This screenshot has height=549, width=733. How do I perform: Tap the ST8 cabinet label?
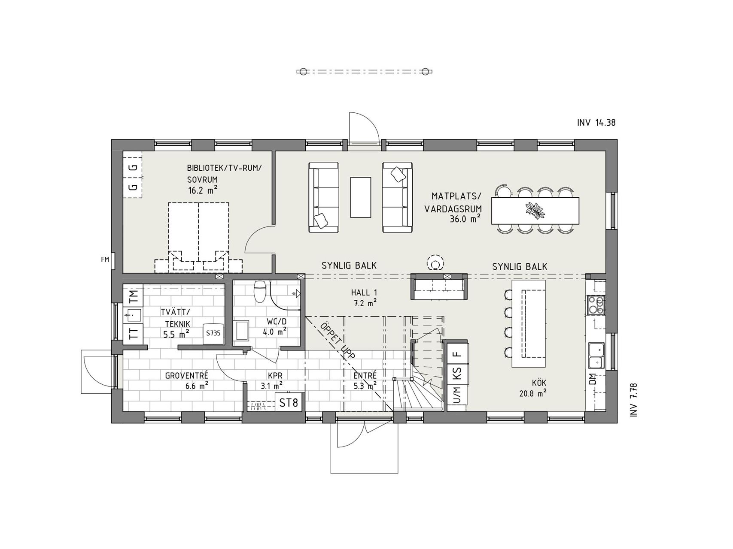[289, 403]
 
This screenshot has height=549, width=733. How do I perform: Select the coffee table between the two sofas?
[360, 197]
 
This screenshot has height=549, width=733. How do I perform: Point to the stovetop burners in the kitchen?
[596, 305]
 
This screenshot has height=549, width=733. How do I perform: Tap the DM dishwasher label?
[593, 379]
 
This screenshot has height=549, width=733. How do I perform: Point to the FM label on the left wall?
[105, 259]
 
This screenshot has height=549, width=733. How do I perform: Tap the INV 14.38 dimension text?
[596, 123]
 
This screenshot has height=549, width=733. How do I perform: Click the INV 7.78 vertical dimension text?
[633, 400]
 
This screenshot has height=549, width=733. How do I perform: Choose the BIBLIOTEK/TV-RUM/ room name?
[224, 168]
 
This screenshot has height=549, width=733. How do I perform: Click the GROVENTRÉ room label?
[187, 376]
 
